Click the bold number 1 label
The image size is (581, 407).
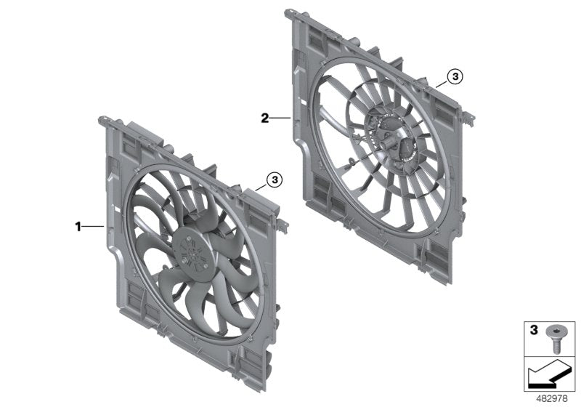coord(78,227)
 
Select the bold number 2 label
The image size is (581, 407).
coord(266,117)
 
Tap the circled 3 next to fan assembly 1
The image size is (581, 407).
coord(273,178)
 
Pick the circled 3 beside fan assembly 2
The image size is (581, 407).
coord(454,76)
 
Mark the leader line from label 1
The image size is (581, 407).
coord(94,227)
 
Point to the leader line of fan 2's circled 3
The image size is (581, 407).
coord(441,84)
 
